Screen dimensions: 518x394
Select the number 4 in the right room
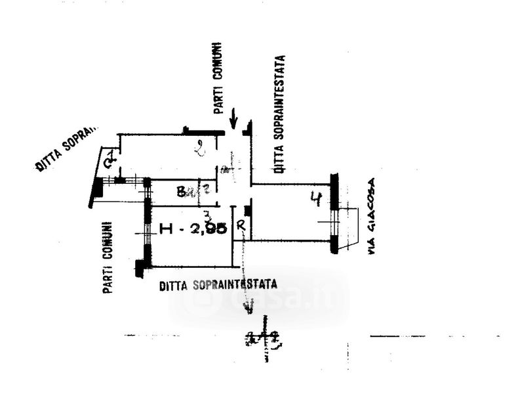point(315,198)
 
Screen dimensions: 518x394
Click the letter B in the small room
point(180,192)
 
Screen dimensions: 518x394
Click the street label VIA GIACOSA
point(372,216)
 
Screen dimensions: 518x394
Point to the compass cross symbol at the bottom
point(265,338)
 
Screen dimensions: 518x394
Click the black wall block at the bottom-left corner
point(140,269)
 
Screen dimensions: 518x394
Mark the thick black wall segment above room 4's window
point(334,190)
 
